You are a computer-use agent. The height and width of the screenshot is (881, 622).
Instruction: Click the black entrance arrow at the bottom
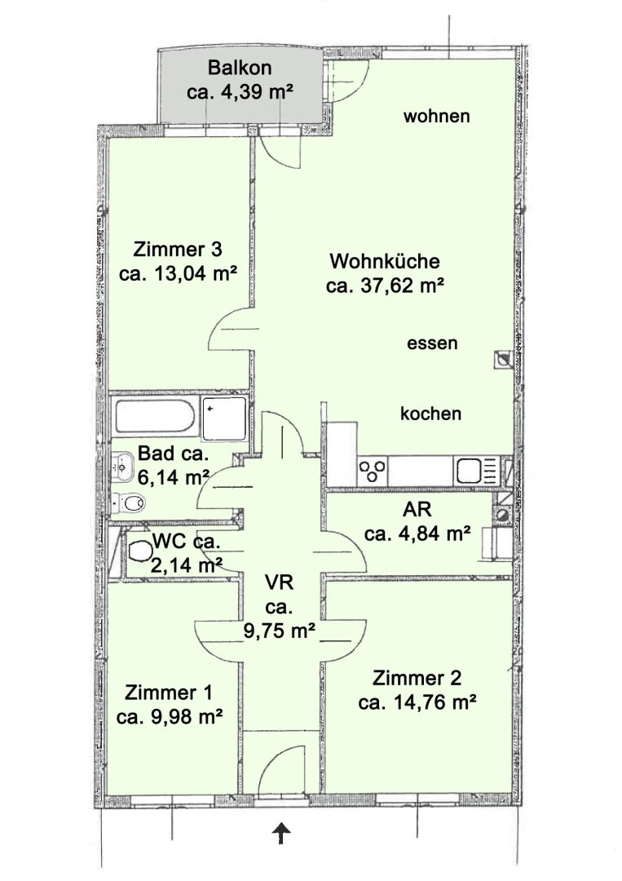(280, 834)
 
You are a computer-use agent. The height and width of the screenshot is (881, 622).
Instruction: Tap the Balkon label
(240, 68)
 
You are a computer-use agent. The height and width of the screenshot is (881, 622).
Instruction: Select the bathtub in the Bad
(156, 417)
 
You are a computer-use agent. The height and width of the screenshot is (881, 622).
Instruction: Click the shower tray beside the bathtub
(224, 418)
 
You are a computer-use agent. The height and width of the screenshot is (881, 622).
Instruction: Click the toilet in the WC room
(139, 551)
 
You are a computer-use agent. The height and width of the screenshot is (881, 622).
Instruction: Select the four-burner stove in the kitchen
(373, 471)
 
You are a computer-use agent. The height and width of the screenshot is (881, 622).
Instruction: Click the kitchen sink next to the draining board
(469, 471)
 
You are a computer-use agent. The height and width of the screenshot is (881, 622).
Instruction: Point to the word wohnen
(437, 117)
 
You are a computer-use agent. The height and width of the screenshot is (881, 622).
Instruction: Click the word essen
(432, 343)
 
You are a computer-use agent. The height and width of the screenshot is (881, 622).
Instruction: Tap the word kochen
(430, 414)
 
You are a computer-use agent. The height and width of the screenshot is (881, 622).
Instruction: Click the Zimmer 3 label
(178, 249)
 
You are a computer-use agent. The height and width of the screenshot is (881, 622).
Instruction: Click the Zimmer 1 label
(169, 693)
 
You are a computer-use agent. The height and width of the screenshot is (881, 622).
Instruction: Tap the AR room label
(417, 509)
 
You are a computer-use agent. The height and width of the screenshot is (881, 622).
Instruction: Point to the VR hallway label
(279, 582)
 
